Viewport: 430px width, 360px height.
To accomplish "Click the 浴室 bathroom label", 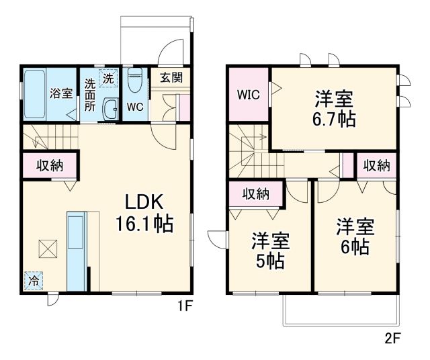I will click(61, 93).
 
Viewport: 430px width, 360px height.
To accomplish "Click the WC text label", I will click(134, 107).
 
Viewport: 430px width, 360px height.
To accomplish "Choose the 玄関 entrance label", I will click(171, 77).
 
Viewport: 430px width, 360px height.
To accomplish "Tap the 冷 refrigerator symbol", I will click(32, 280).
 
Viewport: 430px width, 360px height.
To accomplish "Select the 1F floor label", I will click(185, 306).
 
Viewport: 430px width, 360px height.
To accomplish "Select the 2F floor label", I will click(393, 338).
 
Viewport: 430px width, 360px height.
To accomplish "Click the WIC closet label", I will click(248, 94).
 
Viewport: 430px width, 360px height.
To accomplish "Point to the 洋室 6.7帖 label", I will click(334, 109).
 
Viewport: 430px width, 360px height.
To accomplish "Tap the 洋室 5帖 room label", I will click(268, 250).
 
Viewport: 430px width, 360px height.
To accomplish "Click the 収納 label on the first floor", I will click(50, 165).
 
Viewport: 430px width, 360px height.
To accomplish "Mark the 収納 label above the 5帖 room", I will click(255, 194).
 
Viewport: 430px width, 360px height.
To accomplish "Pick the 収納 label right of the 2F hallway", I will click(376, 165).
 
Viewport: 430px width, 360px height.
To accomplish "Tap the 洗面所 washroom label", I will click(90, 94).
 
